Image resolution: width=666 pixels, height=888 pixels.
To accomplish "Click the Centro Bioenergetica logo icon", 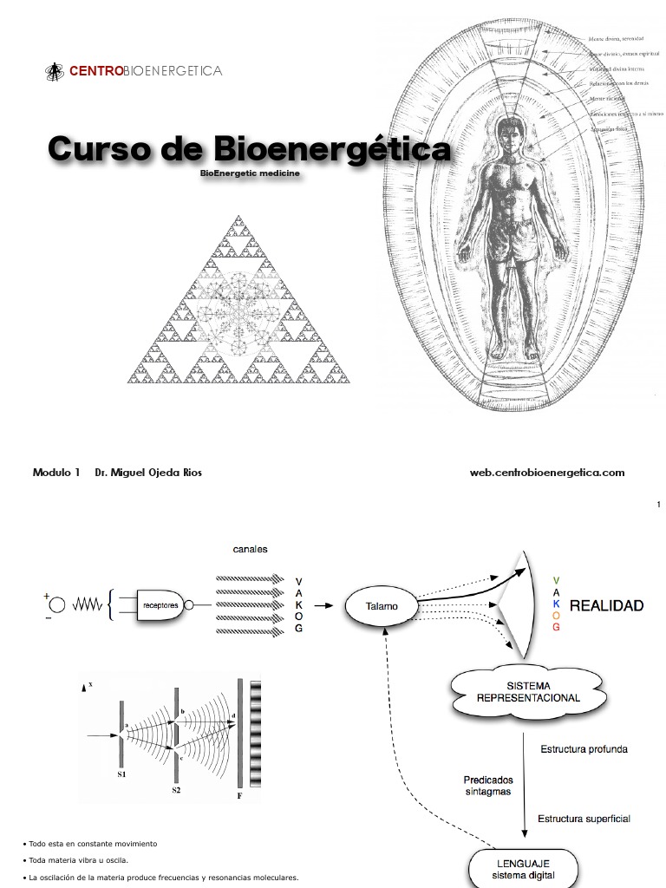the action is coord(55,70).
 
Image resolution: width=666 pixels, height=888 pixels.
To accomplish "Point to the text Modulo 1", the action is coord(56,473).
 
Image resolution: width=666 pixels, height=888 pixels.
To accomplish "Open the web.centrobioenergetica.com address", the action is coord(546,473).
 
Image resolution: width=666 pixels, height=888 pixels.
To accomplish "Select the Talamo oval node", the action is coord(381,605).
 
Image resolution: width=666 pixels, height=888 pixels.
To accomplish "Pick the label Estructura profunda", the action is coord(584,748).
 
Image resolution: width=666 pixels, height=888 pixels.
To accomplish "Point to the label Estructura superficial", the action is coord(584,818).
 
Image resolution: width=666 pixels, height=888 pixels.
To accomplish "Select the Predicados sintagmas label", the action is coord(487,785).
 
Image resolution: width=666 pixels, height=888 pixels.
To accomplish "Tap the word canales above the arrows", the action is coord(250,549).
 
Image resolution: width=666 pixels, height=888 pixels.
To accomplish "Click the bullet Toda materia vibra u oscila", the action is coord(78,860).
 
